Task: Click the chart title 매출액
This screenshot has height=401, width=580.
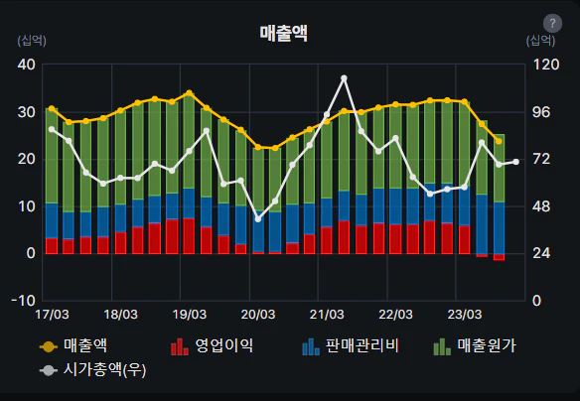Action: point(283,33)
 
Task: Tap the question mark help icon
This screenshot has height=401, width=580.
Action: point(552,24)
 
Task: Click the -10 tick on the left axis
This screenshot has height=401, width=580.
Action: point(24,300)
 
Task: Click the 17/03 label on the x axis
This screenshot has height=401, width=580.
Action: point(51,316)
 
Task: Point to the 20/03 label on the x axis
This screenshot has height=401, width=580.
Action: point(258,316)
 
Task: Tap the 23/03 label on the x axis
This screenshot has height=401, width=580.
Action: point(465,316)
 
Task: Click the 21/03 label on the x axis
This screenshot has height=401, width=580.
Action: point(327,316)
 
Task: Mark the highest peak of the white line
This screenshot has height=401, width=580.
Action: point(344,77)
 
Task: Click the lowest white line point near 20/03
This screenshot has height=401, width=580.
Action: point(258,218)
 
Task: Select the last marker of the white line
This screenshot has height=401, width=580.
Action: point(515,162)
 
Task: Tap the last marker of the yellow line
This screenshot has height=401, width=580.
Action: point(499,141)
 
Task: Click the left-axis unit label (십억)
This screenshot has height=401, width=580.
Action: point(32,41)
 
